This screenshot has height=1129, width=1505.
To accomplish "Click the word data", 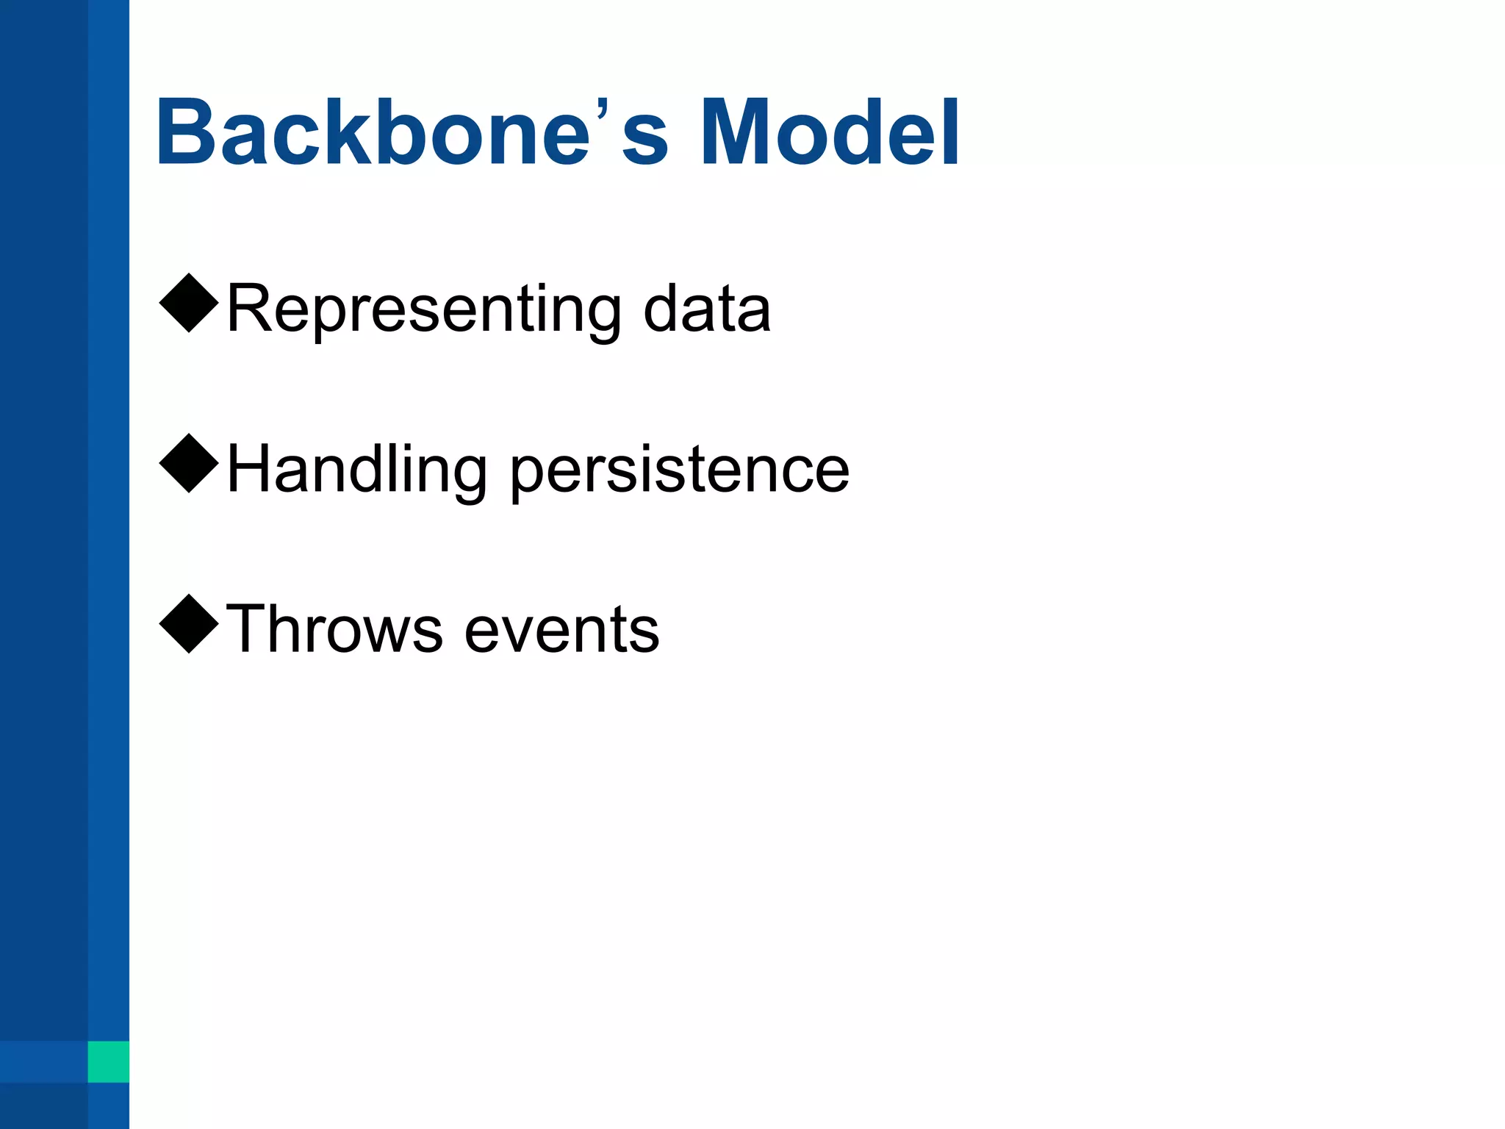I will click(707, 309).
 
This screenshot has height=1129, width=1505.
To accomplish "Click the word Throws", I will click(334, 629).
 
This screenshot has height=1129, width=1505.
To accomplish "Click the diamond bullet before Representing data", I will click(189, 303).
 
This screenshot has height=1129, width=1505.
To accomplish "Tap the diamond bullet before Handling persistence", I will click(189, 463).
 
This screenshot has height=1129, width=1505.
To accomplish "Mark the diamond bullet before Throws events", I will click(189, 623).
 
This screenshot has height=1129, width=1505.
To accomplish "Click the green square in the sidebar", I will click(108, 1061).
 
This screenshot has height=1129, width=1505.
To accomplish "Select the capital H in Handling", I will click(250, 469).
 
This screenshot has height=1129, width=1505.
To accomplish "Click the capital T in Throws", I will click(248, 628).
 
